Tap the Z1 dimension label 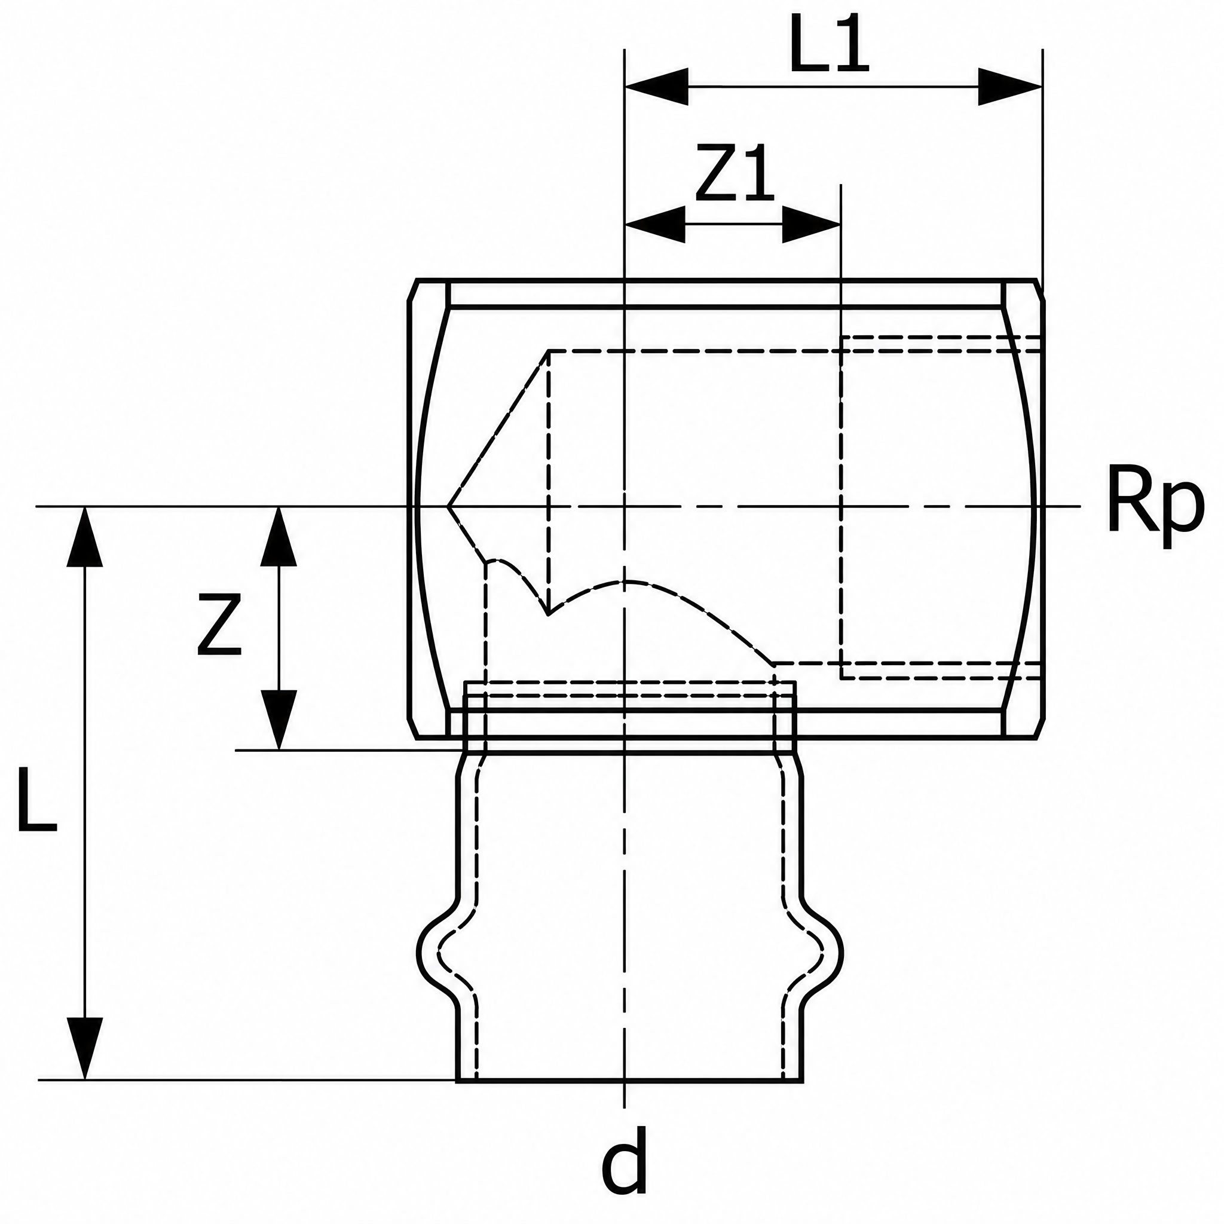coord(735,173)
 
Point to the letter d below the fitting coord(625,1161)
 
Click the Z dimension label coord(219,623)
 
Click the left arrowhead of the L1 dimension coord(656,87)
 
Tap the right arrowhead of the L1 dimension coord(1011,87)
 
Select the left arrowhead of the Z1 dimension coord(655,224)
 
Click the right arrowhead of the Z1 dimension coord(812,224)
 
